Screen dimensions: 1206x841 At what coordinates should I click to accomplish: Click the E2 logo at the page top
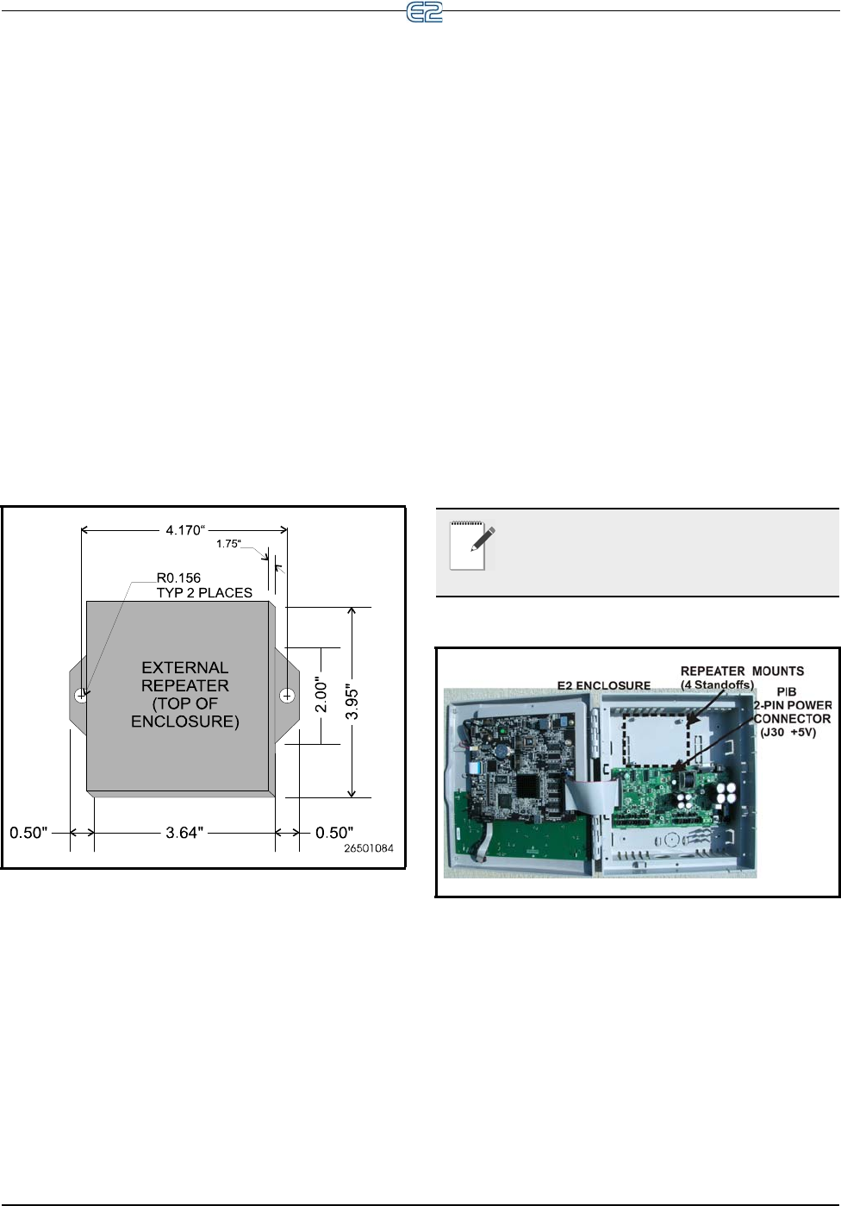tap(424, 12)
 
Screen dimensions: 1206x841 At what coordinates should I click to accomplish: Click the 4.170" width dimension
tap(184, 530)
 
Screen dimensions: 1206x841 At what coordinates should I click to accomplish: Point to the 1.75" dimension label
tap(228, 544)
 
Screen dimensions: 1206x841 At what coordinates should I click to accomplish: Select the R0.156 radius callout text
tap(178, 578)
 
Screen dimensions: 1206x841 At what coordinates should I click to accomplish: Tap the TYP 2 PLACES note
tap(204, 592)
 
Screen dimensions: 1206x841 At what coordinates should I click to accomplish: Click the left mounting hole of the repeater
tap(81, 695)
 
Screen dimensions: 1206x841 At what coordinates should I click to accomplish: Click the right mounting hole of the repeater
tap(288, 695)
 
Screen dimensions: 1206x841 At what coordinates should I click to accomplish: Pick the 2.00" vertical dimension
tap(321, 695)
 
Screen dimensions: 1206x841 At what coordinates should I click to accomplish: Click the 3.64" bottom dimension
tap(184, 833)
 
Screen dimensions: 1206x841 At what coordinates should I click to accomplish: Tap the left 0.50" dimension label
tap(28, 833)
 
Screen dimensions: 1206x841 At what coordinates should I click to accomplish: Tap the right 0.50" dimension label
tap(334, 833)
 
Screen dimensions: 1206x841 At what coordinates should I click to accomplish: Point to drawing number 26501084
tap(369, 849)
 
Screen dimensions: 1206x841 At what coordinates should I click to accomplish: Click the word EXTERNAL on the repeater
tap(185, 668)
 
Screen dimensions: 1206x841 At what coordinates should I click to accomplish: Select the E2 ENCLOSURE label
tap(604, 686)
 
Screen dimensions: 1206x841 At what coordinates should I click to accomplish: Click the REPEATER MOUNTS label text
tap(742, 671)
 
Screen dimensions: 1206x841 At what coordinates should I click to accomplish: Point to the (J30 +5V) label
tap(788, 732)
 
